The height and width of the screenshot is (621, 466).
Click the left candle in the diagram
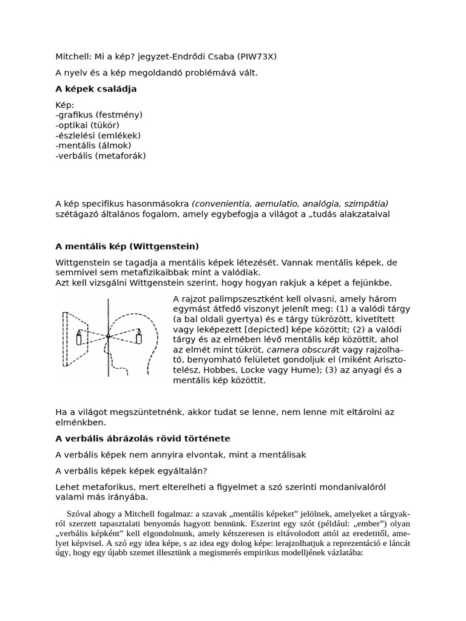coord(79,337)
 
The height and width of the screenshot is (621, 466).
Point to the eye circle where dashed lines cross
coord(108,335)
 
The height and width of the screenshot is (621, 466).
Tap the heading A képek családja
coord(96,89)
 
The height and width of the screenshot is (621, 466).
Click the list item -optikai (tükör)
coord(87,125)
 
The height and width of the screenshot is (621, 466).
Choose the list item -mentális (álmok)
coord(93,146)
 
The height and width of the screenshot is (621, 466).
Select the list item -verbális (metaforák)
coord(101,156)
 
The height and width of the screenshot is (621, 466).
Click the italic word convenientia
coord(222,204)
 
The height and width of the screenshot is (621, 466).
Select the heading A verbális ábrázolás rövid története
coord(143,438)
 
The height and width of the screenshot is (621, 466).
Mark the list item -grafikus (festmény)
coord(99,115)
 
